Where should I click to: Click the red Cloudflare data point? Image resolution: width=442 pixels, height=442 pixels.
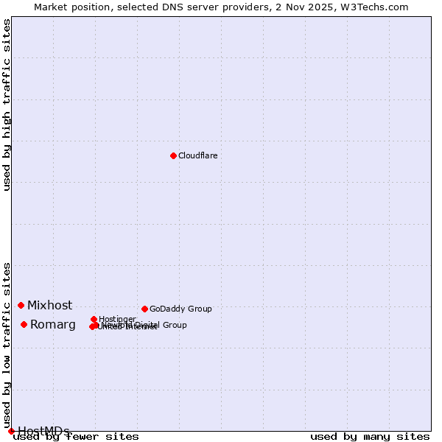tap(173, 155)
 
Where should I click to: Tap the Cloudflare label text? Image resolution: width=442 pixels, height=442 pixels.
tap(197, 155)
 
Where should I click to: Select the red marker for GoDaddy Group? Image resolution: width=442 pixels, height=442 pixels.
tap(144, 309)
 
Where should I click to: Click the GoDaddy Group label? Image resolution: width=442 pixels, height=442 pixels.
tap(180, 309)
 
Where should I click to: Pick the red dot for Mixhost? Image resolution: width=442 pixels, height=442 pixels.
tap(21, 305)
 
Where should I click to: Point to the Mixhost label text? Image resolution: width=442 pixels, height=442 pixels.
tap(50, 305)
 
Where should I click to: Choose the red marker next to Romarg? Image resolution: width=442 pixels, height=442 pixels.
tap(24, 324)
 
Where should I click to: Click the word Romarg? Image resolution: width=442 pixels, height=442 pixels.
tap(53, 325)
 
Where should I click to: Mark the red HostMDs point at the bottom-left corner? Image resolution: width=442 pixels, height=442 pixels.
tap(11, 431)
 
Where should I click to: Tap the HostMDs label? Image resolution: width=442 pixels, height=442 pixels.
tap(43, 431)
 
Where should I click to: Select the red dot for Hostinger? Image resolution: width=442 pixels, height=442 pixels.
tap(94, 319)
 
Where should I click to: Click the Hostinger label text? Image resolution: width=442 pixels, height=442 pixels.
tap(117, 319)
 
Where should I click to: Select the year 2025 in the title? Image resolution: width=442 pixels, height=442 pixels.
tap(326, 7)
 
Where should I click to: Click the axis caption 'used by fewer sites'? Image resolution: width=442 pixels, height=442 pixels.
tap(76, 437)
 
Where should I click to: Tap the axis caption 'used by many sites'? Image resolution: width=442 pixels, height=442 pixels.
tap(370, 437)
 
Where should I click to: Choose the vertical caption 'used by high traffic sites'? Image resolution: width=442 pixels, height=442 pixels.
tap(7, 105)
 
